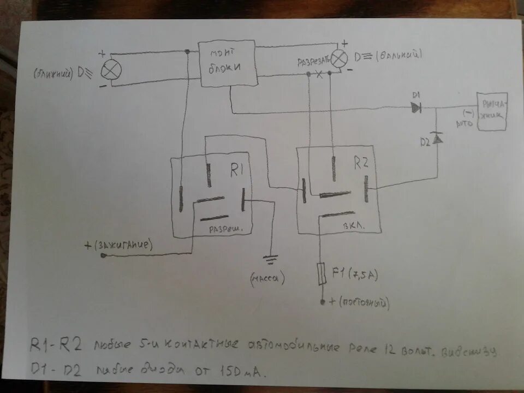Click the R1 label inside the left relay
tap(236, 171)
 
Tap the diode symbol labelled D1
tap(416, 108)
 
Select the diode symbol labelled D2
tap(437, 140)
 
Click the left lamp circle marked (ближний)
tap(112, 69)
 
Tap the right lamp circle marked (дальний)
tap(340, 57)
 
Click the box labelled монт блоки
tap(228, 63)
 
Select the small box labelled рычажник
tap(492, 111)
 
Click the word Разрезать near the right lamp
tap(313, 62)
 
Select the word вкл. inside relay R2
tap(354, 225)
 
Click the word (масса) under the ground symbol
tap(269, 278)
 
